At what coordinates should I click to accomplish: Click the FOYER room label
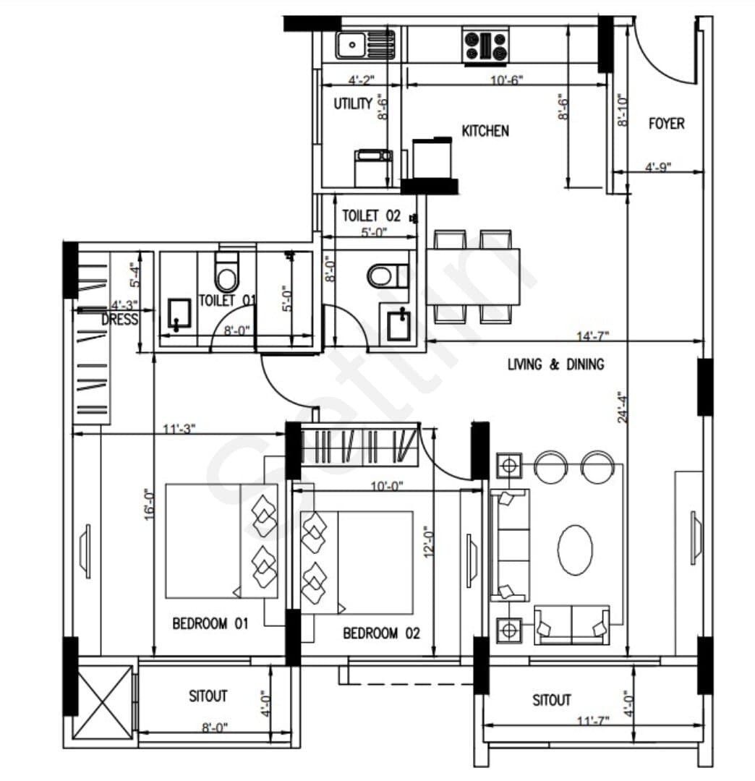666,124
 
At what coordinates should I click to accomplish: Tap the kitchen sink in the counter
365,45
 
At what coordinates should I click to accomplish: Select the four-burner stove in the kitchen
485,46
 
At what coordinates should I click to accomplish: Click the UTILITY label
353,103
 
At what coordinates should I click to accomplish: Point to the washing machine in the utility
373,168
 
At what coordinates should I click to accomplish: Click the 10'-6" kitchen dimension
507,80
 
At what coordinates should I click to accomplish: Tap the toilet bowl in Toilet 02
388,276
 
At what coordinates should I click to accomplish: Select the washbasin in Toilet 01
179,313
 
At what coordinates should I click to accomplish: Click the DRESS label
119,320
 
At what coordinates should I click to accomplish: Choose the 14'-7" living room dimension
592,336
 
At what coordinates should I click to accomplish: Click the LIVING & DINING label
556,364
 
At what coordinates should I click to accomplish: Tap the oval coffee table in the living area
575,550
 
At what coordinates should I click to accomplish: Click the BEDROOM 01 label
210,623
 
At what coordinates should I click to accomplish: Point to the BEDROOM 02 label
382,633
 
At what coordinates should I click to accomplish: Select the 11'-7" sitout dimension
592,720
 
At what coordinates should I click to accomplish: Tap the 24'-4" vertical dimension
622,407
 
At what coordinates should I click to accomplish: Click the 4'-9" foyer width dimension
658,167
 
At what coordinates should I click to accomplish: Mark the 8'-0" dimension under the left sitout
215,727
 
